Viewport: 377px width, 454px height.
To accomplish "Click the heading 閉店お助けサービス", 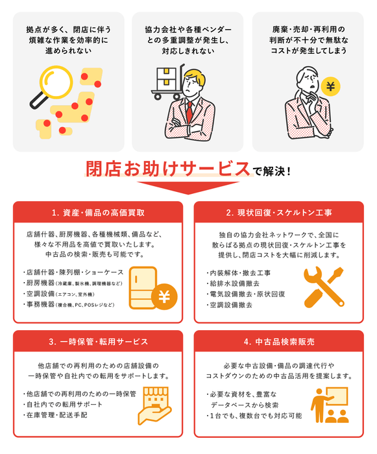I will (168, 169).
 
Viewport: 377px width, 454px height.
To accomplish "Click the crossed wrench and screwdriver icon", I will (322, 286).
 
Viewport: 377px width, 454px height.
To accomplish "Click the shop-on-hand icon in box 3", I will (152, 405).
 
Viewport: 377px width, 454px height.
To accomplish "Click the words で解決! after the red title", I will (271, 171).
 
